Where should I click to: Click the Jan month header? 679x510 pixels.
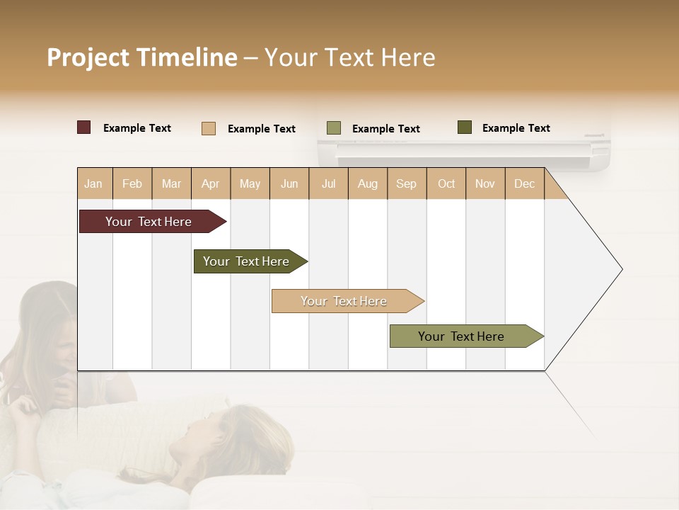pyautogui.click(x=94, y=184)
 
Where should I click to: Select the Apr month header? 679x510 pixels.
pyautogui.click(x=211, y=184)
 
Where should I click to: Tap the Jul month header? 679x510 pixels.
pyautogui.click(x=328, y=184)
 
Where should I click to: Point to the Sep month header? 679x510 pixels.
pyautogui.click(x=406, y=184)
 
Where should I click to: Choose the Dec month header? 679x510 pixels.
pyautogui.click(x=524, y=184)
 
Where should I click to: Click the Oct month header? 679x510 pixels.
pyautogui.click(x=446, y=184)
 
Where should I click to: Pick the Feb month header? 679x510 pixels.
pyautogui.click(x=132, y=184)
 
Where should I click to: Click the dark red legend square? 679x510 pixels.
pyautogui.click(x=84, y=127)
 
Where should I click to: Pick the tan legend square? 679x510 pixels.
pyautogui.click(x=209, y=128)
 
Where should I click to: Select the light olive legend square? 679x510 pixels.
pyautogui.click(x=334, y=128)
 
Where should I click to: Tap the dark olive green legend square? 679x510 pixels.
pyautogui.click(x=465, y=127)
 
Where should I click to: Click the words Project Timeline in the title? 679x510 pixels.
pyautogui.click(x=141, y=57)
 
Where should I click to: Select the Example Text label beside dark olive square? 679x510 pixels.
pyautogui.click(x=516, y=128)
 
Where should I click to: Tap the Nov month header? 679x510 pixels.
pyautogui.click(x=485, y=184)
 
